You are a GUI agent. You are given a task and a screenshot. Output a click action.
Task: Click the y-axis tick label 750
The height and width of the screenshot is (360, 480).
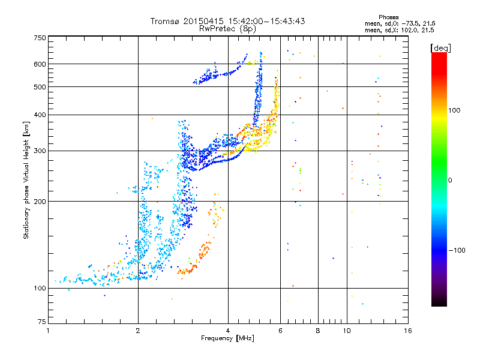point(40,38)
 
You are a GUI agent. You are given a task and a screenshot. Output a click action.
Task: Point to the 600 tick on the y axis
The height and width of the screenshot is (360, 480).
point(40,64)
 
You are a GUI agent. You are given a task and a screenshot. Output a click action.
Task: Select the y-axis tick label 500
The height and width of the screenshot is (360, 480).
point(40,87)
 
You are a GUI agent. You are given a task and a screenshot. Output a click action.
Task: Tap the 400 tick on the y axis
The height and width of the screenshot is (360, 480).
point(40,115)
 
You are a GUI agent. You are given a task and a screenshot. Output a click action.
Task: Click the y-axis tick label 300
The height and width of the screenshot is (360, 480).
point(40,151)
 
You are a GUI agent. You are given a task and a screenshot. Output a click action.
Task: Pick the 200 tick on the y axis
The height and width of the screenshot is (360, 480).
point(40,202)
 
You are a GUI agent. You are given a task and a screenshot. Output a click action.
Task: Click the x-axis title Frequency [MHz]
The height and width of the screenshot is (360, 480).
point(227,338)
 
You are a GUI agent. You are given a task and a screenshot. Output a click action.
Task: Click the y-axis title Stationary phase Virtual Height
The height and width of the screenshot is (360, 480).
point(26,180)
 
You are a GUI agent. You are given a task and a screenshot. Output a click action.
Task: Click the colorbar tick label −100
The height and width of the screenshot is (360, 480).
point(458,250)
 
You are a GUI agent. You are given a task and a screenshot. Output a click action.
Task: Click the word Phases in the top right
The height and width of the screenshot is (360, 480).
point(389,17)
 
